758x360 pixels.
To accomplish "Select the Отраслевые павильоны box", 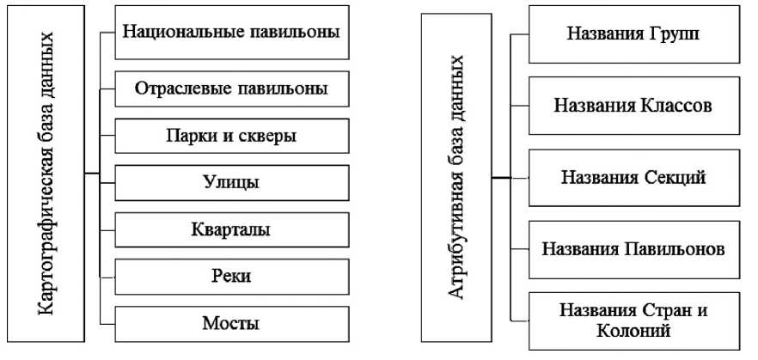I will pyautogui.click(x=232, y=88).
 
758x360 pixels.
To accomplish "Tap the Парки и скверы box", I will pyautogui.click(x=232, y=136).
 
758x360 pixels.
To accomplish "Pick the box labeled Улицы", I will pyautogui.click(x=232, y=183).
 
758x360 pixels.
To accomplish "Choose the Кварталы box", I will pyautogui.click(x=232, y=229).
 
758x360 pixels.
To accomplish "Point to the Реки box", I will pyautogui.click(x=232, y=276).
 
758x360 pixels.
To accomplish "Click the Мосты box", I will pyautogui.click(x=232, y=323).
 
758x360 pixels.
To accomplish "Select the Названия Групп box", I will pyautogui.click(x=633, y=35).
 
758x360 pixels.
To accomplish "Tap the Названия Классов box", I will pyautogui.click(x=633, y=105).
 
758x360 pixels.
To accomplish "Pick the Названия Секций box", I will pyautogui.click(x=633, y=177).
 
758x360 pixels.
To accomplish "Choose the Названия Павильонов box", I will pyautogui.click(x=633, y=248).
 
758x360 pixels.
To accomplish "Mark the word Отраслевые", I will pyautogui.click(x=178, y=88).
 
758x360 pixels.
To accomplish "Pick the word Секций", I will pyautogui.click(x=674, y=177).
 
